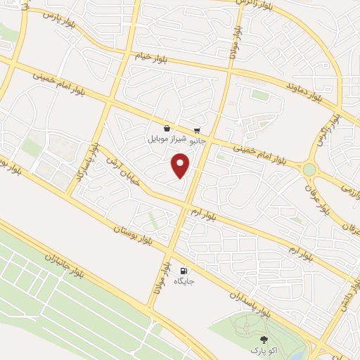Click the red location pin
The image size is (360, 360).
(x=181, y=166)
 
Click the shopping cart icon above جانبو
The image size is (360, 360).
(x=197, y=129)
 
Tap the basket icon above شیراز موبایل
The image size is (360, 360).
(x=166, y=129)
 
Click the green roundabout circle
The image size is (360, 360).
(x=309, y=169)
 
